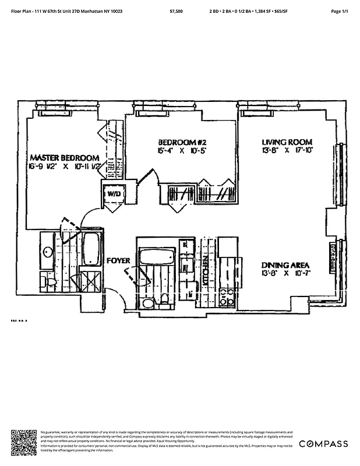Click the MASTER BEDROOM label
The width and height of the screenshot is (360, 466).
(x=64, y=158)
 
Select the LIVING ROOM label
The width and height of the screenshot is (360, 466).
(x=287, y=142)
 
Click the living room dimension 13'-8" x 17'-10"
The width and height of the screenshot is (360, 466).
(x=287, y=150)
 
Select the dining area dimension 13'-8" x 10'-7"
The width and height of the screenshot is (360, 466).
(x=287, y=272)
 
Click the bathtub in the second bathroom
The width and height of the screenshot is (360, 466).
(x=156, y=256)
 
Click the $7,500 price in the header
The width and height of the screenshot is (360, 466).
(x=177, y=11)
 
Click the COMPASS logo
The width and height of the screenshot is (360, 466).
(x=323, y=444)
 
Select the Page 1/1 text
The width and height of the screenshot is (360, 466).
(x=339, y=11)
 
